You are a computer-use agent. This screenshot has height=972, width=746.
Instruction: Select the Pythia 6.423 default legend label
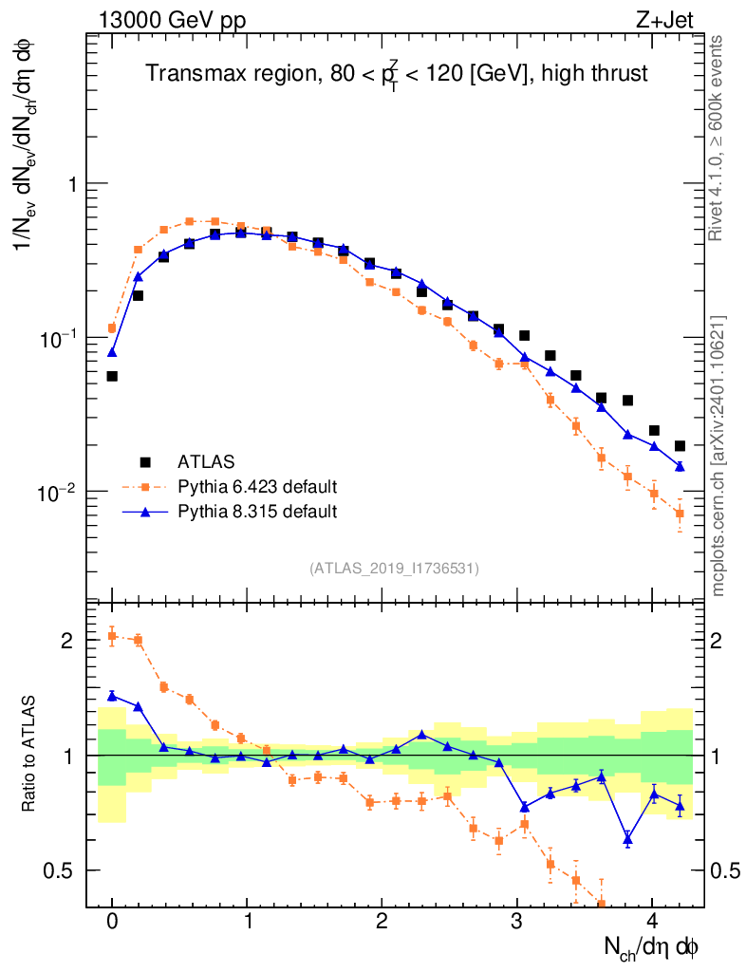257,487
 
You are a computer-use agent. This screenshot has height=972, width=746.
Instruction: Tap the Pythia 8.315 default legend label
257,512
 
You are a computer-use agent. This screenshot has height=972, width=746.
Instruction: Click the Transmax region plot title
396,74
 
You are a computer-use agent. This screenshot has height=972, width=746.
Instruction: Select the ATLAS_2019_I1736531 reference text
394,568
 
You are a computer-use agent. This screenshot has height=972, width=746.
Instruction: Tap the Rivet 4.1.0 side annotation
719,138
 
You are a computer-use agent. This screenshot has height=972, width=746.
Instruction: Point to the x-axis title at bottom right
653,946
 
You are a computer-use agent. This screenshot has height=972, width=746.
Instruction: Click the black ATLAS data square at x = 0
112,376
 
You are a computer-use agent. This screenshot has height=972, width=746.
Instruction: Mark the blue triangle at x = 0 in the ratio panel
112,695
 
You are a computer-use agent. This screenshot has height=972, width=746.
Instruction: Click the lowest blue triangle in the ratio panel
627,839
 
